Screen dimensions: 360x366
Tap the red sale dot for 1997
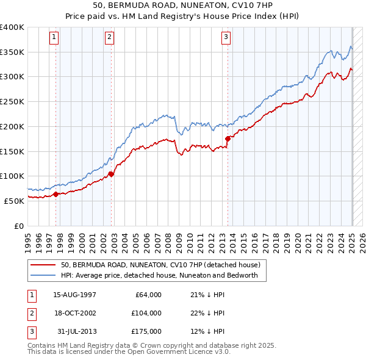[x=56, y=194]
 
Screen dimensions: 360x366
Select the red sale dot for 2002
[x=111, y=175]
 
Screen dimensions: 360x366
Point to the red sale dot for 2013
[x=228, y=139]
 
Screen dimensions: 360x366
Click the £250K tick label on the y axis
[x=12, y=102]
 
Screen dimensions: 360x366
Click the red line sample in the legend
[x=43, y=265]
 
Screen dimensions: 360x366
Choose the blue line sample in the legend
[x=43, y=275]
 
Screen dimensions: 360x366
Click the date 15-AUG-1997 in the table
[x=75, y=295]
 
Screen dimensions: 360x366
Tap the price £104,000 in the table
[x=146, y=313]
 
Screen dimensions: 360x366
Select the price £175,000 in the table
[x=146, y=331]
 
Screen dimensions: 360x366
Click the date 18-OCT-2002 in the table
[x=75, y=313]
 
